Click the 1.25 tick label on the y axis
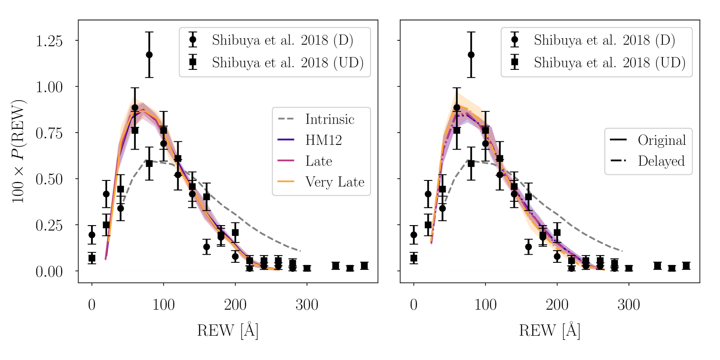[49, 41]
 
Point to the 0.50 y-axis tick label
[49, 179]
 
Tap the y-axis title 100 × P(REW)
[18, 151]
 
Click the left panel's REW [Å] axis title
[228, 331]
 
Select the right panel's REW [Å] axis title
[550, 331]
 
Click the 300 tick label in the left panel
[307, 305]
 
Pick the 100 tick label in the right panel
[485, 305]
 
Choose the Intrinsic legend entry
[329, 119]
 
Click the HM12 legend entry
[323, 140]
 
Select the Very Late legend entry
[335, 182]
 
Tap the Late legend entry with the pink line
[319, 161]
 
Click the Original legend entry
[661, 140]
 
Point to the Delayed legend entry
[661, 161]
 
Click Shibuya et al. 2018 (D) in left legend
[282, 40]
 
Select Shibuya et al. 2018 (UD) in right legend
[609, 62]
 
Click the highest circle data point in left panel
[149, 55]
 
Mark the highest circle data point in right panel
[471, 55]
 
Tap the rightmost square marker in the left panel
[364, 266]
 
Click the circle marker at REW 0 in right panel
[414, 235]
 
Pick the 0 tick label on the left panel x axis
[92, 305]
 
